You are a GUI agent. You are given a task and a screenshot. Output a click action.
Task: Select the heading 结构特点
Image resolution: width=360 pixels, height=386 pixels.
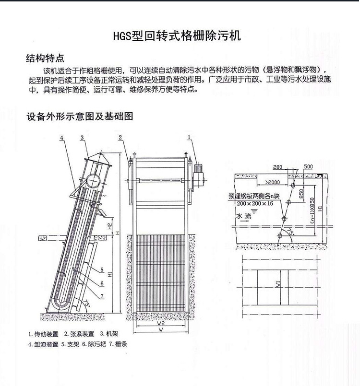(x=45, y=59)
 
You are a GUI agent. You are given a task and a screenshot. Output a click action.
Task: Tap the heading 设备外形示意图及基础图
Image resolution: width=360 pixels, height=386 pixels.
(x=79, y=117)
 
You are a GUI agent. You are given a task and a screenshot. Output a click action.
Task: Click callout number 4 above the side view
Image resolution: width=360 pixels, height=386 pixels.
(x=62, y=138)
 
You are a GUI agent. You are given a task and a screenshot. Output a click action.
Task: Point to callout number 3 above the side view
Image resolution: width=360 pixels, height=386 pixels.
(x=83, y=138)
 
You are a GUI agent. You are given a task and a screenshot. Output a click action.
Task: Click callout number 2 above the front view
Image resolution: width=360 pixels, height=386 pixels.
(x=120, y=138)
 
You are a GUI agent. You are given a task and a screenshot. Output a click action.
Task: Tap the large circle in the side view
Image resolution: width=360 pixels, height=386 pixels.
(x=94, y=180)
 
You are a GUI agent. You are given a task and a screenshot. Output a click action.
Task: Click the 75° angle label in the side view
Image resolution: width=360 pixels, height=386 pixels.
(x=87, y=303)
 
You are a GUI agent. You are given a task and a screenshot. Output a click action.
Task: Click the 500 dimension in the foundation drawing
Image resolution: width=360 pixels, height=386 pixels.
(x=308, y=166)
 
